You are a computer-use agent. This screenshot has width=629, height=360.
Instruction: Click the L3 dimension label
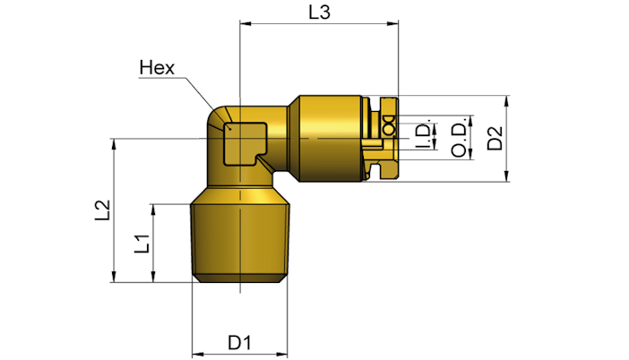pos(319,13)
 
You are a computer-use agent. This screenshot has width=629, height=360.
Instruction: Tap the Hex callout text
pos(157,68)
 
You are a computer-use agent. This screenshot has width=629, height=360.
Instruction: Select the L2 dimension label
pos(102,210)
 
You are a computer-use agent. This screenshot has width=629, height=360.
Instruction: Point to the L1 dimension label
pos(142,244)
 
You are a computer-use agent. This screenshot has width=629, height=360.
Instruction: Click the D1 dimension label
pos(239,343)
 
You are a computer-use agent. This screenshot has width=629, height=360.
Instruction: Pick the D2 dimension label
pos(495,138)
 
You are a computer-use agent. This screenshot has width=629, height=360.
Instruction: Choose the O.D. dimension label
pos(460,137)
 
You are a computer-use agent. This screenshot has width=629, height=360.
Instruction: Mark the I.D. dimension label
pos(423,134)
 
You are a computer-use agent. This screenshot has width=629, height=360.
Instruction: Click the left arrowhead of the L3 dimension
pos(246,23)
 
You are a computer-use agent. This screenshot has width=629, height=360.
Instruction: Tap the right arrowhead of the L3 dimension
pos(393,23)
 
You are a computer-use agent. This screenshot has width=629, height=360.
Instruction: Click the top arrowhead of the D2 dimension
pos(506,101)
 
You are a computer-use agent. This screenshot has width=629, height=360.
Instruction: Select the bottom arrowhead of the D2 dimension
pos(506,176)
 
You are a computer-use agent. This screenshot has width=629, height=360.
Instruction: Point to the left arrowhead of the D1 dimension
pos(198,355)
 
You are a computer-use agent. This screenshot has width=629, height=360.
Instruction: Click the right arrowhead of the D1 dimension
pos(282,355)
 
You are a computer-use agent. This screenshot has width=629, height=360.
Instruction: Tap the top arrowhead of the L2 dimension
pos(115,144)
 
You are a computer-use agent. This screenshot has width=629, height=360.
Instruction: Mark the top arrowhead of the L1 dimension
pos(153,210)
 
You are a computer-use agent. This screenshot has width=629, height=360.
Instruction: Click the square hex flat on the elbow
pos(245,144)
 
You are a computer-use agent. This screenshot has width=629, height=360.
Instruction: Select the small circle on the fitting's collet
pos(388,130)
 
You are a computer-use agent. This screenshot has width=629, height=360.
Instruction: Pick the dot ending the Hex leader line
pos(230,128)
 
